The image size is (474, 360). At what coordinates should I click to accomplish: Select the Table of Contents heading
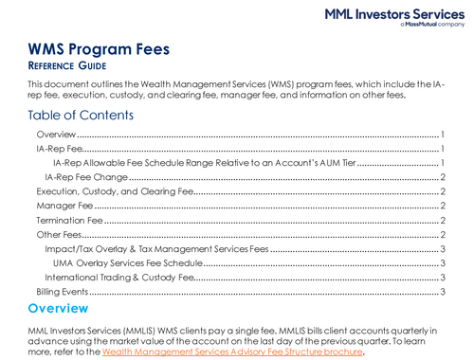point(81,116)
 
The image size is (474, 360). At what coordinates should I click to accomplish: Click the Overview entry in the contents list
point(56,135)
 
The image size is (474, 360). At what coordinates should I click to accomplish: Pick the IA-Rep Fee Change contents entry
point(86,177)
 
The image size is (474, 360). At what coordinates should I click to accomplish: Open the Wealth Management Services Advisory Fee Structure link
point(232,351)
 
